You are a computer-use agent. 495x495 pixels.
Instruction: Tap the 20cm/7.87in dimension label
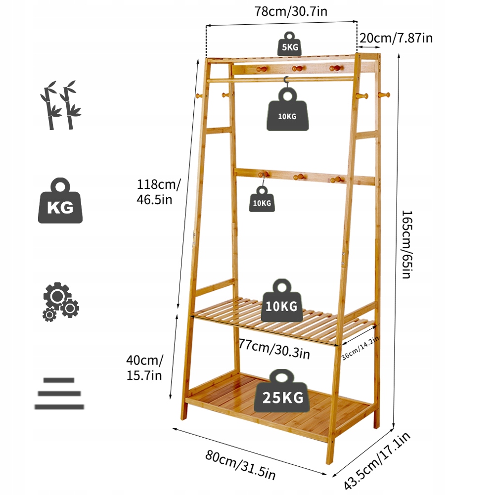point(396,38)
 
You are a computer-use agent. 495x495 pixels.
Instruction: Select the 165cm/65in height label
point(406,245)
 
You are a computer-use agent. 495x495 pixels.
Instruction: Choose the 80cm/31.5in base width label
point(240,464)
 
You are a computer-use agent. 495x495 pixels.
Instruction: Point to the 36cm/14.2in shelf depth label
point(360,348)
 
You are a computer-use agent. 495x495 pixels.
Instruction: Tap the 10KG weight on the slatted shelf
point(281,301)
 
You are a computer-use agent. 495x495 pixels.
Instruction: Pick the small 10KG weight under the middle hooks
point(262,199)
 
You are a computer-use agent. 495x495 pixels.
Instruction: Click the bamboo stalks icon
point(60,105)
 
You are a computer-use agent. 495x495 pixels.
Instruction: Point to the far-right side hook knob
point(384,94)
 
